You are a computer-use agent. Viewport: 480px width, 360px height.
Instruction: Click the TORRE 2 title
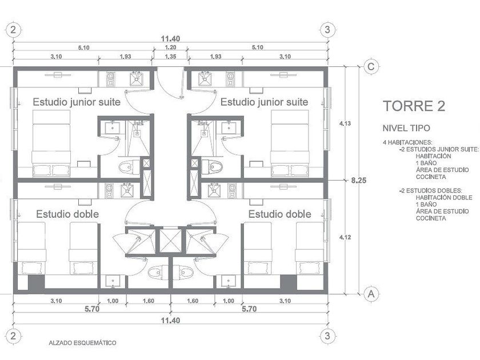coord(414,106)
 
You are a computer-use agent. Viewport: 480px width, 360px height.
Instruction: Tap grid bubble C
coord(371,66)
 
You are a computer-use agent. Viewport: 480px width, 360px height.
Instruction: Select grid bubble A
coord(371,294)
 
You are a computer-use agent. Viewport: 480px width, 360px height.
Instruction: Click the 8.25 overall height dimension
coord(358,181)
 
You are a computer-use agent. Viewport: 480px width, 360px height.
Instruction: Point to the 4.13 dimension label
coord(345,123)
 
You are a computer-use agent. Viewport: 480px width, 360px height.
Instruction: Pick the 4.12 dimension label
coord(345,237)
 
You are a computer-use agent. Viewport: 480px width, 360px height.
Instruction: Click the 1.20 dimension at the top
coord(170,47)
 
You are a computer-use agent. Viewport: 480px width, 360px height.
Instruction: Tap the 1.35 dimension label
coord(170,57)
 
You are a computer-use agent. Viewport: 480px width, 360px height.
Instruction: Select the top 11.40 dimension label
coord(170,39)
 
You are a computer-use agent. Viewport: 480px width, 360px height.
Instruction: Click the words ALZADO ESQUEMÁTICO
coord(83,343)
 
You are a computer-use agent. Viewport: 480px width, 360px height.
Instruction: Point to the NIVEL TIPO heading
coord(406,128)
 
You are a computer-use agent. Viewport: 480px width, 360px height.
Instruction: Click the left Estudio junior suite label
coord(77,102)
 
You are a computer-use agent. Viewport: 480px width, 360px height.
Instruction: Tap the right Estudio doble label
coord(280,214)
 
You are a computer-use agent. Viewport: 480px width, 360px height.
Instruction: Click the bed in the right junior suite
coord(290,143)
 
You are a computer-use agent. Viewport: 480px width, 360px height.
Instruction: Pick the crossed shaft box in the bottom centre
coord(170,241)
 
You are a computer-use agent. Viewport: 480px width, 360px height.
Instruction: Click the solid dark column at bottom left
coord(37,282)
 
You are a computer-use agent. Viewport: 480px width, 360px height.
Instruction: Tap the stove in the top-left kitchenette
coord(110,79)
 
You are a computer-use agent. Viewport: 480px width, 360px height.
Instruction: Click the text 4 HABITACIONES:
coord(407,142)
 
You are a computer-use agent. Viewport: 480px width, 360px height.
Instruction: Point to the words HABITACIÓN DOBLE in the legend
coord(444,198)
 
